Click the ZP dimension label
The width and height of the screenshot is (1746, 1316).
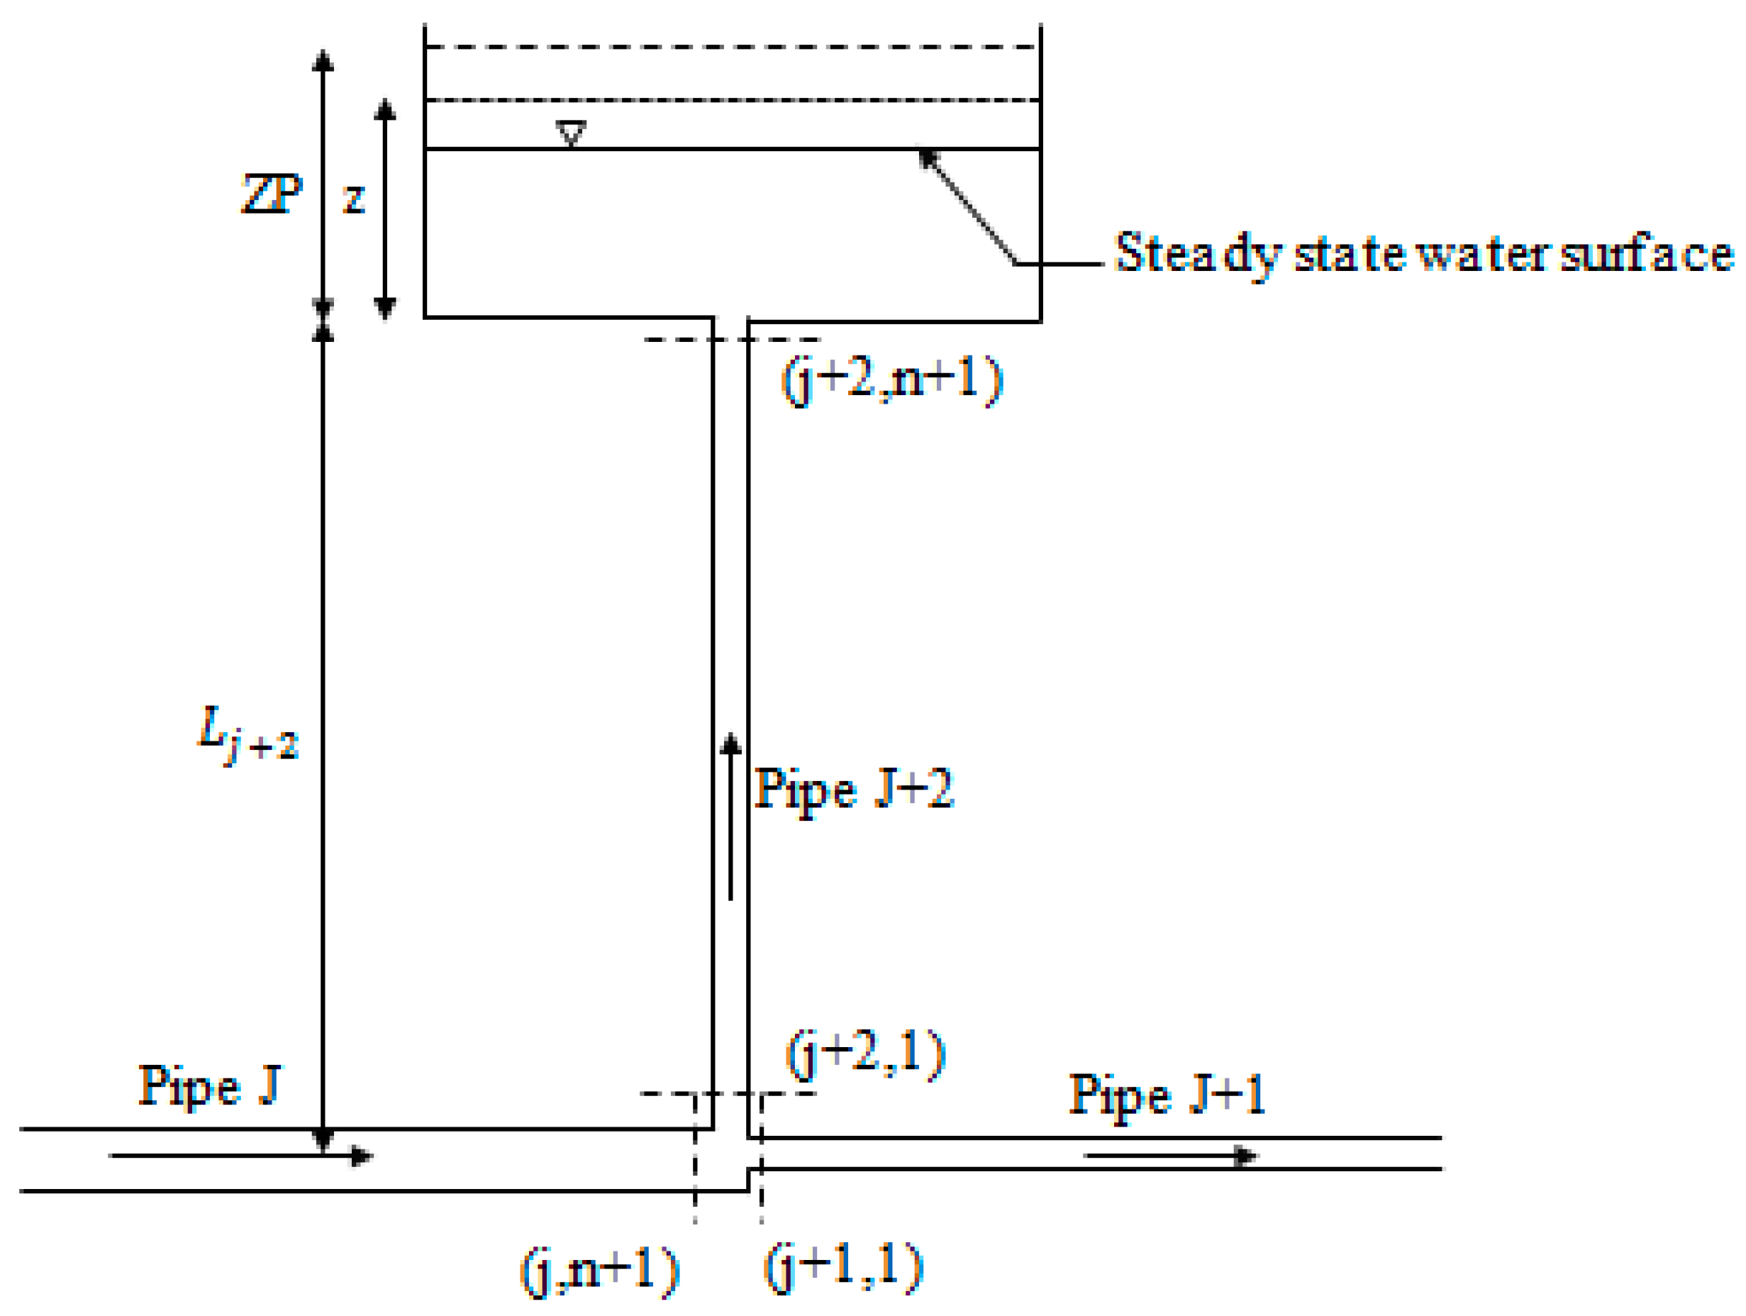tap(272, 194)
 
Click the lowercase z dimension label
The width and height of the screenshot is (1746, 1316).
tap(355, 198)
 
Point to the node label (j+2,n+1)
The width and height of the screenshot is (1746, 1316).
tap(892, 380)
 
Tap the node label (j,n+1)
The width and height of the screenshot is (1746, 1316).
tap(600, 1271)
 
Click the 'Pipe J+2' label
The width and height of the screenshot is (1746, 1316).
tap(854, 790)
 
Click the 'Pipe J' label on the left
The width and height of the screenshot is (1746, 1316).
tap(209, 1086)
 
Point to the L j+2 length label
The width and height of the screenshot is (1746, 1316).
tap(248, 734)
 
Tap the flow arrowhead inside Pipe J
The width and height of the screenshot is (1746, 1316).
tap(362, 1156)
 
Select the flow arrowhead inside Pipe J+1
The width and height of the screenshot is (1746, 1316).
tap(1245, 1156)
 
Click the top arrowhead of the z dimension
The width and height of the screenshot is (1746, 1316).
tap(385, 110)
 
